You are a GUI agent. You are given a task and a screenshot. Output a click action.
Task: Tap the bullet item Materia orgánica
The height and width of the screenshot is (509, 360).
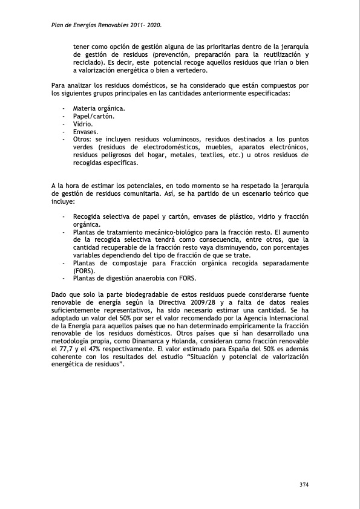pos(99,108)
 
